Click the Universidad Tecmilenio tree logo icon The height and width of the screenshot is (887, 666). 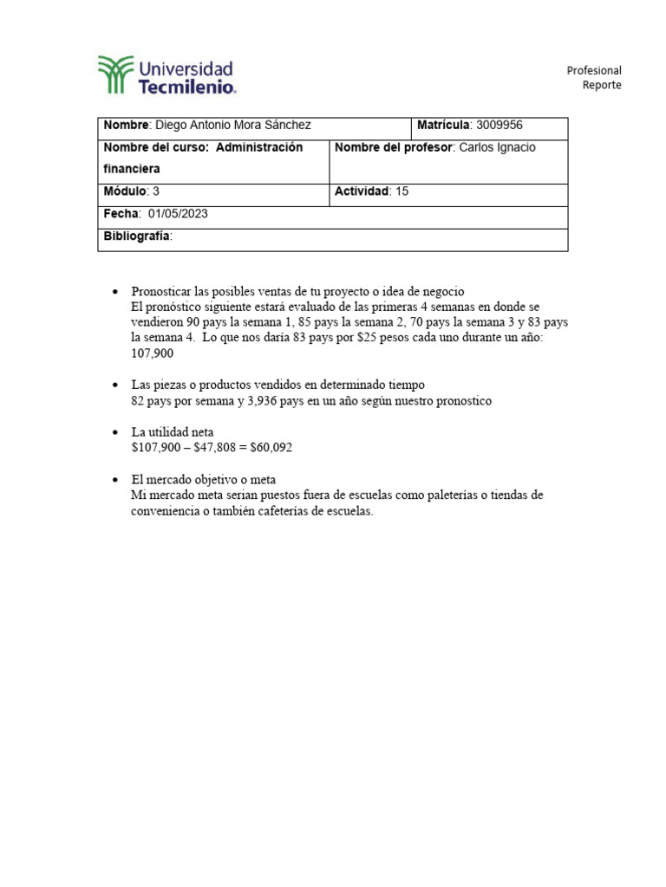pos(116,74)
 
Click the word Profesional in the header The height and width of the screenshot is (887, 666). pos(594,70)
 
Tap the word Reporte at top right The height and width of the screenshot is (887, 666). pos(602,85)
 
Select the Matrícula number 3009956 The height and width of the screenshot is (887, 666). pos(499,126)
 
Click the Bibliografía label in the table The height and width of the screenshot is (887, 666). pos(137,236)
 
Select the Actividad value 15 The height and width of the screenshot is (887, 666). pos(402,191)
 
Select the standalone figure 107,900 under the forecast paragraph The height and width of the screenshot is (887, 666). pos(152,353)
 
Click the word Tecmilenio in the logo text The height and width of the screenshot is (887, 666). pos(186,87)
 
